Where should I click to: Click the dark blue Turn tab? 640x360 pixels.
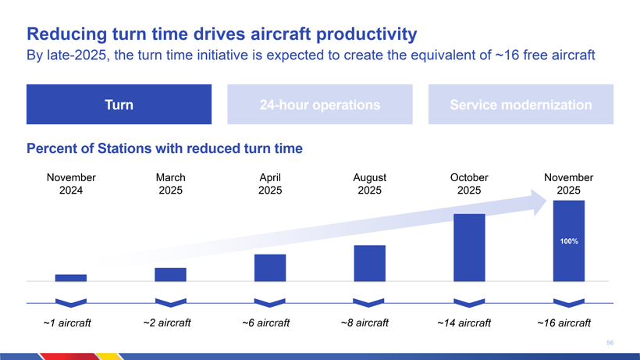(x=119, y=105)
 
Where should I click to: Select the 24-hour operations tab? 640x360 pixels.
(x=321, y=105)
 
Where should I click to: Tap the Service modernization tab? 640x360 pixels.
(x=521, y=105)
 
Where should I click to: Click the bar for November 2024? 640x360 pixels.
(x=71, y=277)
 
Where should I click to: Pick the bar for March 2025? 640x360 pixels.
(x=170, y=274)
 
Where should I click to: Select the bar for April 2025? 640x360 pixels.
(x=270, y=267)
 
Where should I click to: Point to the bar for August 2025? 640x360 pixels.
(x=370, y=262)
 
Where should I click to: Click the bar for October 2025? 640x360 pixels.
(x=469, y=247)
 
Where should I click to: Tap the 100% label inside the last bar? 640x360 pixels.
(x=568, y=242)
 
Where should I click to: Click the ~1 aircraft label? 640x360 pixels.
(x=67, y=323)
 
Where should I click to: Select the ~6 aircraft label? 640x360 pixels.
(x=266, y=323)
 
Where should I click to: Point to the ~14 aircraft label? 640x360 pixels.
(x=464, y=323)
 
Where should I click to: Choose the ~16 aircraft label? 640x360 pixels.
(x=564, y=323)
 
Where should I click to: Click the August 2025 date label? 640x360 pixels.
(x=370, y=184)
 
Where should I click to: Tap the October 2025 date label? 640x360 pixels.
(x=469, y=184)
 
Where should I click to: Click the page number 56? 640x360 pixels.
(x=610, y=342)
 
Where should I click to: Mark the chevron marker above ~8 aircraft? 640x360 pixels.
(x=370, y=303)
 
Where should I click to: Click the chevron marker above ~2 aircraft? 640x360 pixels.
(x=170, y=303)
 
